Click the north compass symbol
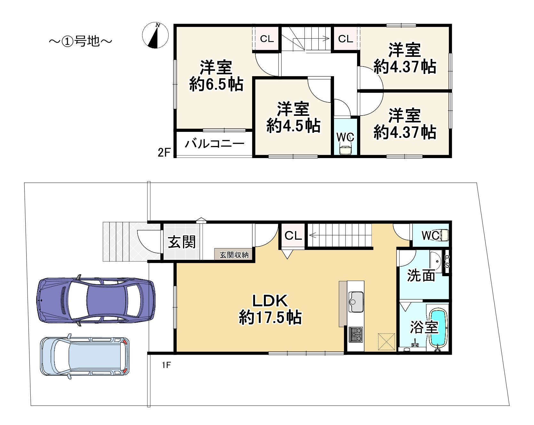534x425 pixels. click(x=155, y=36)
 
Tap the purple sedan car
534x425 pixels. click(x=96, y=300)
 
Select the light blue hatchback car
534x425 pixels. click(x=84, y=356)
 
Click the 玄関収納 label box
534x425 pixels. click(x=234, y=255)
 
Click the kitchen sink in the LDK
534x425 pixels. click(x=356, y=301)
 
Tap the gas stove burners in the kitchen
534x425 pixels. click(x=355, y=334)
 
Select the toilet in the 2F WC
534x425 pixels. click(x=346, y=150)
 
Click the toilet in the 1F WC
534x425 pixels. click(x=444, y=235)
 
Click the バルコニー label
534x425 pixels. click(x=214, y=143)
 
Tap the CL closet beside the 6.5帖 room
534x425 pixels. click(x=267, y=39)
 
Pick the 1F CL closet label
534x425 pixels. click(x=293, y=236)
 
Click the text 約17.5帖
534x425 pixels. click(x=270, y=317)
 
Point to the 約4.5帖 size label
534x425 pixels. click(x=293, y=126)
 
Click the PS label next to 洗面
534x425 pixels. click(x=447, y=262)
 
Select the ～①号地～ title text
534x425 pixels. click(x=81, y=41)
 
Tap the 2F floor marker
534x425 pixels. click(x=164, y=152)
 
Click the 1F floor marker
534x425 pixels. click(x=166, y=365)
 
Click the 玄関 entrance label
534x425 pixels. click(x=182, y=242)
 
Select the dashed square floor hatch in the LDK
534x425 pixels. click(x=387, y=341)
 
